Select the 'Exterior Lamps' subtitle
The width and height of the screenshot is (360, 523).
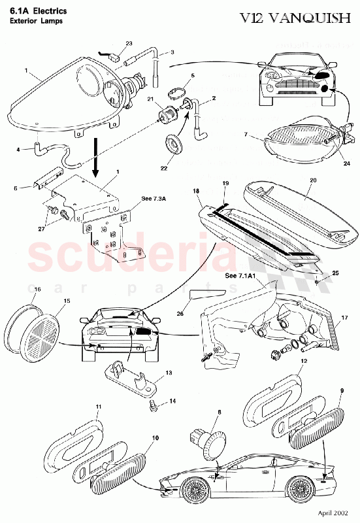[33, 21]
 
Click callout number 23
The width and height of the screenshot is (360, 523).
[129, 43]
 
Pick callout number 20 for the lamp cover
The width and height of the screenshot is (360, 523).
[312, 180]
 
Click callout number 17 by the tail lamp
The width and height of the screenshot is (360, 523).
[344, 318]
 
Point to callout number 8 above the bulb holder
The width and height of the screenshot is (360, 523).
[220, 413]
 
